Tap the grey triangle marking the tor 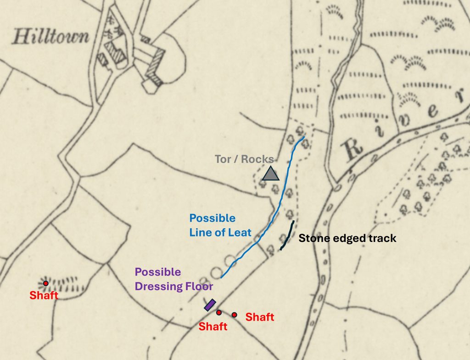[271, 174]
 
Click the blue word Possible [212, 218]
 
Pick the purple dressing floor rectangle [210, 305]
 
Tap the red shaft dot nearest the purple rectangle [219, 313]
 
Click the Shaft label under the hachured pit [44, 295]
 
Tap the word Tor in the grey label [223, 160]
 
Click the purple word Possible [158, 272]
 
